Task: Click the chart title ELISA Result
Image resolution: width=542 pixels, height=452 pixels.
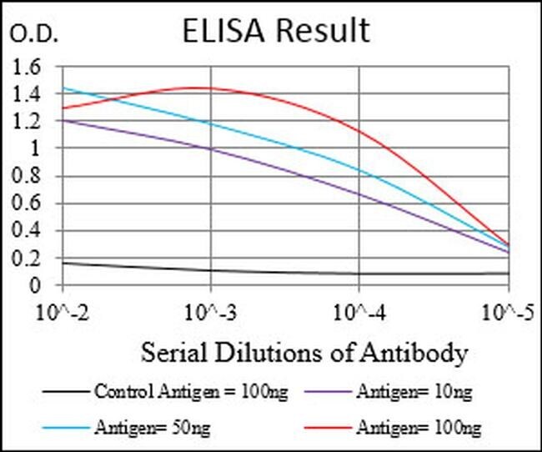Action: [276, 31]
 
